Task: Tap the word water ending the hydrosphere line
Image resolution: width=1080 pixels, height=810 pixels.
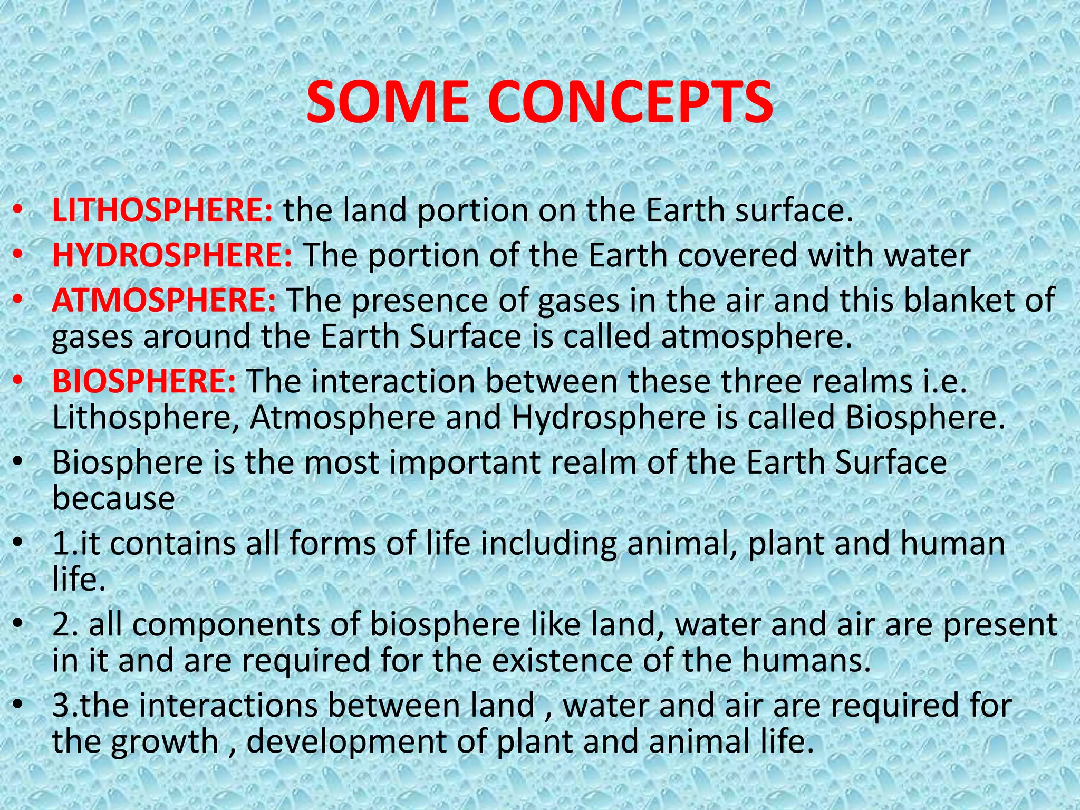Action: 927,256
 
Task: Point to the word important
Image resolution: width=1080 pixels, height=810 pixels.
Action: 465,462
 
